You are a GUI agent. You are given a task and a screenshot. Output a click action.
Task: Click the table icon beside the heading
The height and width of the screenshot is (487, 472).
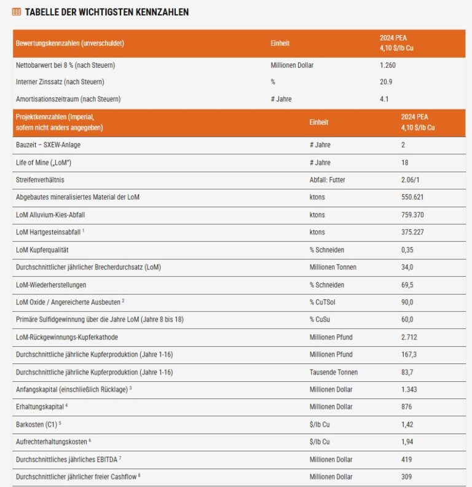click(17, 12)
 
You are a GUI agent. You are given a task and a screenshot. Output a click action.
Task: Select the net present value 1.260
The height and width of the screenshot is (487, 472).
click(388, 65)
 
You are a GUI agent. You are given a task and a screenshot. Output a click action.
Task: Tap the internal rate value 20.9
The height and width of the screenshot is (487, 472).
click(386, 82)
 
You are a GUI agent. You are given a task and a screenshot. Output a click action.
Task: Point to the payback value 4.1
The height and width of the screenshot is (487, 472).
click(384, 98)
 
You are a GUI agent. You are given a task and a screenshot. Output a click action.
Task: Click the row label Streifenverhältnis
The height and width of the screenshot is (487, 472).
click(40, 180)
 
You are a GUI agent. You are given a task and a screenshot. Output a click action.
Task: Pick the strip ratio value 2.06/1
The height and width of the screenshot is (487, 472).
click(412, 180)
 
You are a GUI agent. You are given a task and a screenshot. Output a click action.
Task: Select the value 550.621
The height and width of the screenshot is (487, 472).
click(412, 197)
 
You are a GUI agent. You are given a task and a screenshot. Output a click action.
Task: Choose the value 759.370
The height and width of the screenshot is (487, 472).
click(412, 215)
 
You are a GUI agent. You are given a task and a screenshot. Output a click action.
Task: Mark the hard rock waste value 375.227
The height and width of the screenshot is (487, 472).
click(412, 232)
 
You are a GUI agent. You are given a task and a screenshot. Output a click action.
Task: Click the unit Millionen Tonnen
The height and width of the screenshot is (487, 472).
click(332, 267)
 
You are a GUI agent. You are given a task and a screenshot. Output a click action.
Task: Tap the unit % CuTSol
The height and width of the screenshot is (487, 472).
click(325, 302)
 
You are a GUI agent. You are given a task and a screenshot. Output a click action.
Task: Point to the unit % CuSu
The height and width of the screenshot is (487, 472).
click(322, 319)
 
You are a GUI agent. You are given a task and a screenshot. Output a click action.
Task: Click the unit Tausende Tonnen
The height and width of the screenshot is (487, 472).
click(333, 372)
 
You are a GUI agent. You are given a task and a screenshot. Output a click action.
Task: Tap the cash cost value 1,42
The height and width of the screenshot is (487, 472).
click(407, 424)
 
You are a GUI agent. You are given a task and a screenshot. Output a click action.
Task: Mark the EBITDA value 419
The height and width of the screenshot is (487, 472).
click(406, 459)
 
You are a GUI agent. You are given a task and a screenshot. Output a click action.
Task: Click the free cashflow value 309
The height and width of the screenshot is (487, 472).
click(406, 476)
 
